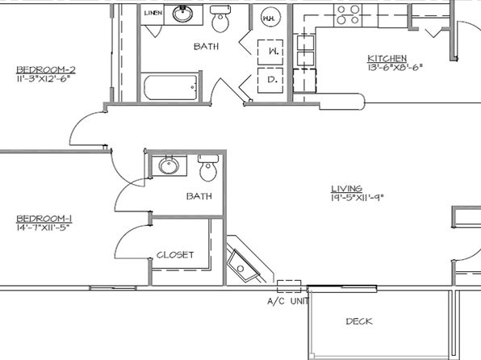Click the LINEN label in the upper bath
click(152, 14)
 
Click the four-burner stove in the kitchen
click(347, 15)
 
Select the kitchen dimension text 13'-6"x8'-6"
click(395, 68)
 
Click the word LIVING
click(345, 187)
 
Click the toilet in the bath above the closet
click(209, 170)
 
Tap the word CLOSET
click(175, 254)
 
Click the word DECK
click(359, 321)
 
